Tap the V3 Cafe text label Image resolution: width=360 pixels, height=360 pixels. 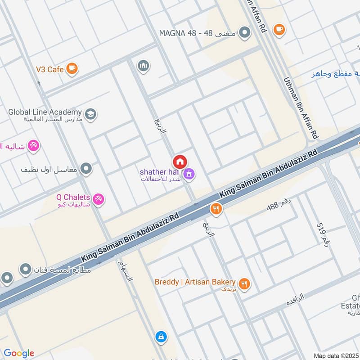[49, 69]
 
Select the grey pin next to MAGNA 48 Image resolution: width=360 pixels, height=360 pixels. [244, 32]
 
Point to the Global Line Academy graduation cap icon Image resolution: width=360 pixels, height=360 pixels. [90, 114]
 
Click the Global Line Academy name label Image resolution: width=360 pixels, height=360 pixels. [45, 112]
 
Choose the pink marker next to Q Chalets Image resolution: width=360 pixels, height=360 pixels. [99, 198]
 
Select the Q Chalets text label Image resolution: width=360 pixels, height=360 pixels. [73, 198]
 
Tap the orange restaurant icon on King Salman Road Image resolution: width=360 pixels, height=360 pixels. [216, 208]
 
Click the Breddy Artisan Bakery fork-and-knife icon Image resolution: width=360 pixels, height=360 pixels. [244, 283]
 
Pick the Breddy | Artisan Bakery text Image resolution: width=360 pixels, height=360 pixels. [195, 282]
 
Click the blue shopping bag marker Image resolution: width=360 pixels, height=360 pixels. [161, 336]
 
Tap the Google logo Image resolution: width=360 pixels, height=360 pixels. [19, 353]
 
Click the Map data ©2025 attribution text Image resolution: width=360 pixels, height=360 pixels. [336, 355]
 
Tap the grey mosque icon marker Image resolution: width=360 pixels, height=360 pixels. [144, 67]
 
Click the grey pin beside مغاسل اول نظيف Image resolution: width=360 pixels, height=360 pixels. [86, 169]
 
